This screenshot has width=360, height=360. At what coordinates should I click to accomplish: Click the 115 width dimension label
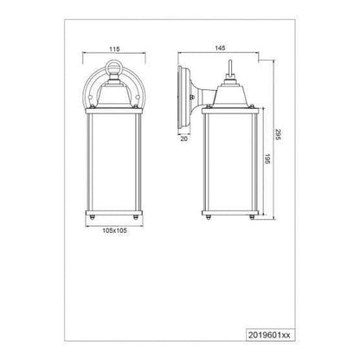(114, 49)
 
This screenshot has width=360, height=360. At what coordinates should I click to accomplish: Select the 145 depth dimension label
(220, 48)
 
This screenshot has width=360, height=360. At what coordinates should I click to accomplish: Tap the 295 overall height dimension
(278, 135)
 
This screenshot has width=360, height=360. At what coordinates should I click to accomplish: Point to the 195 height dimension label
(267, 159)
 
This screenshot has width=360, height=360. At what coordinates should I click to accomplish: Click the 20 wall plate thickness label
(183, 138)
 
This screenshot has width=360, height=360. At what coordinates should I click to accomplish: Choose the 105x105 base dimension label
(115, 230)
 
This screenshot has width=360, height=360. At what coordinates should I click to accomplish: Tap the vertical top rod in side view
(230, 67)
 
